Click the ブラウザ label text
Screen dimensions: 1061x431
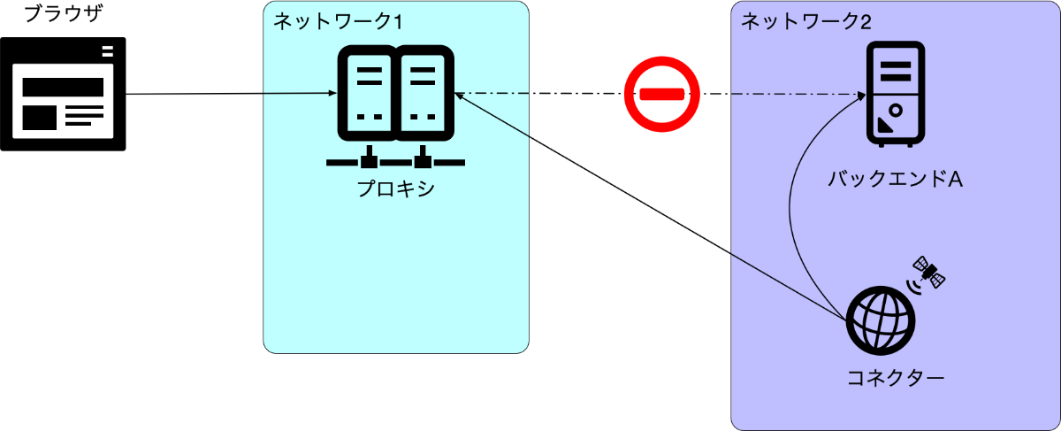(63, 13)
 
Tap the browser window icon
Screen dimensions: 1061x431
(63, 94)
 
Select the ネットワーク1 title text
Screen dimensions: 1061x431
(338, 21)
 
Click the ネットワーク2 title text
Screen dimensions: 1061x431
(806, 21)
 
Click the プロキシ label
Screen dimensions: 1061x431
(395, 189)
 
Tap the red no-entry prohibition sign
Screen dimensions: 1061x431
(661, 94)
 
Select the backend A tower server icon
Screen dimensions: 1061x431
(896, 94)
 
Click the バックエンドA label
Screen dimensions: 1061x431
(895, 180)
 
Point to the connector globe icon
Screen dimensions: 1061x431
(881, 320)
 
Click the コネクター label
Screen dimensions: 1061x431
(895, 378)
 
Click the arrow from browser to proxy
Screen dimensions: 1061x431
(231, 94)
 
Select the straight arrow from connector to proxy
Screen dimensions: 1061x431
(651, 207)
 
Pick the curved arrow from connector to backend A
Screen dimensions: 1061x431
(790, 209)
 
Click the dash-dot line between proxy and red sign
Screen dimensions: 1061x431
(540, 94)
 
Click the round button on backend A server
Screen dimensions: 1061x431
(896, 111)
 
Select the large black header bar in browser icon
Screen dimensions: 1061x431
(63, 88)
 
